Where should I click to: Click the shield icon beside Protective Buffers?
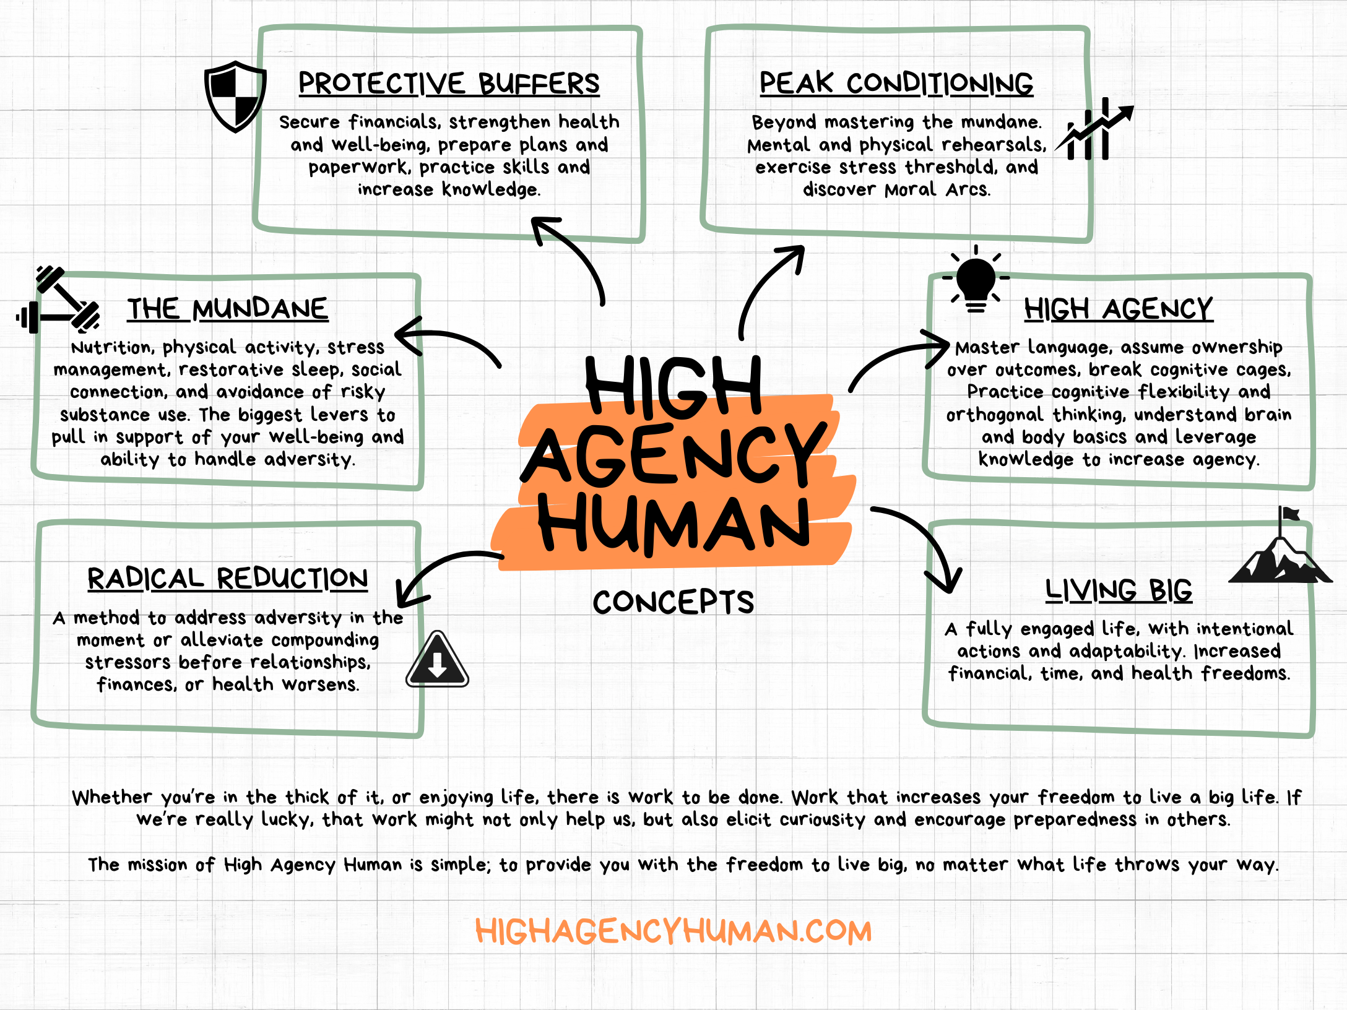[x=235, y=96]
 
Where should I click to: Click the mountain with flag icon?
[x=1280, y=554]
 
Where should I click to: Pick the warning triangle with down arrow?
[x=437, y=661]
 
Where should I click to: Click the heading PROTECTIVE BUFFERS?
[x=449, y=84]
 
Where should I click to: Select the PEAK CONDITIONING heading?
[x=896, y=84]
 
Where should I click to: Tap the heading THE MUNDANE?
[x=228, y=309]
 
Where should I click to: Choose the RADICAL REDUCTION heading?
[x=228, y=579]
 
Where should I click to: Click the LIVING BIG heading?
[x=1119, y=590]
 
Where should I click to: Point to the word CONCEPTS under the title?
[x=673, y=602]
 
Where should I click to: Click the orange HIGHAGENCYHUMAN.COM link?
[x=673, y=931]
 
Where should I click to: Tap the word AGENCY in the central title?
[x=673, y=455]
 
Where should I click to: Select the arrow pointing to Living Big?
[x=922, y=545]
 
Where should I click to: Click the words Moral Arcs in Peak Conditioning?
[x=937, y=189]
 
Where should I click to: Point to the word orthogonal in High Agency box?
[x=994, y=415]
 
